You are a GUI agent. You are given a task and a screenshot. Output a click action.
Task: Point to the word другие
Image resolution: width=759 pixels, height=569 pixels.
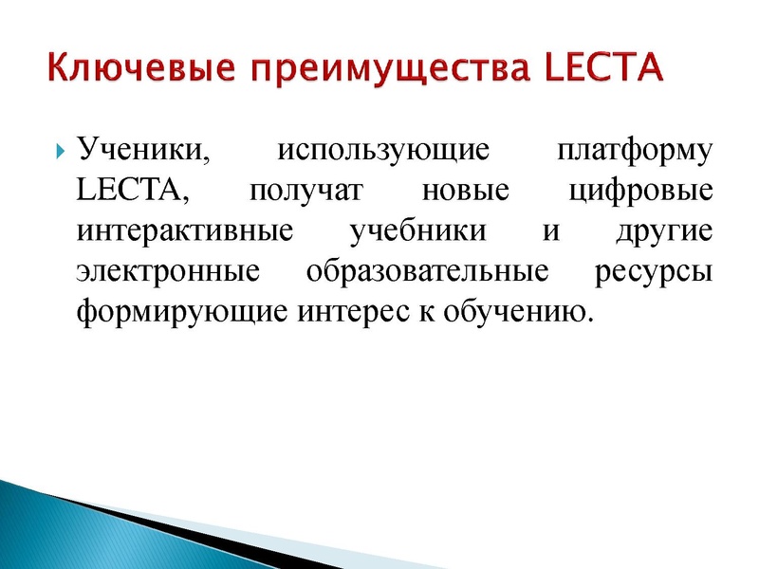click(x=664, y=230)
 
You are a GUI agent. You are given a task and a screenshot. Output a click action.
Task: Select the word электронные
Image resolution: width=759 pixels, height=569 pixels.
click(x=168, y=271)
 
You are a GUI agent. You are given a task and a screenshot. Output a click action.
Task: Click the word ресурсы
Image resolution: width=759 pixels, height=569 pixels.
click(x=654, y=272)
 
